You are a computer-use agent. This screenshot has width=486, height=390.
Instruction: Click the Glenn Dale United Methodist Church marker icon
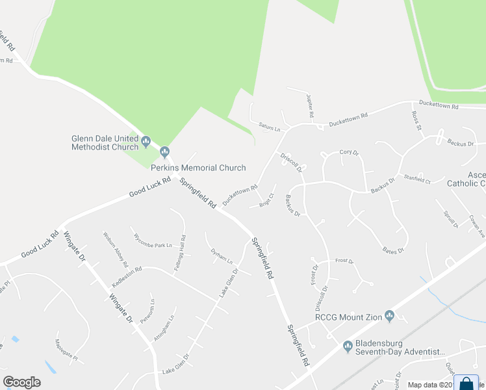pyautogui.click(x=146, y=140)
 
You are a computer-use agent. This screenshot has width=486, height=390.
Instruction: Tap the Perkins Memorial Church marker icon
pyautogui.click(x=165, y=152)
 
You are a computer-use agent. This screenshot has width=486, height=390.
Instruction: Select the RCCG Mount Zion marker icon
pyautogui.click(x=390, y=316)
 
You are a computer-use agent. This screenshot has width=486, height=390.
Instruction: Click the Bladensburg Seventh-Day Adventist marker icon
pyautogui.click(x=348, y=345)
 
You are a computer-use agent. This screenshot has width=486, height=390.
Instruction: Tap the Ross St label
pyautogui.click(x=416, y=120)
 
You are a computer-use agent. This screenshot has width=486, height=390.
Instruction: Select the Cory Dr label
pyautogui.click(x=349, y=153)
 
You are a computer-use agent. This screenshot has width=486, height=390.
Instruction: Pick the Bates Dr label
pyautogui.click(x=394, y=248)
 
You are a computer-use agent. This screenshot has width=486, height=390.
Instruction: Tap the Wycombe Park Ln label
pyautogui.click(x=152, y=241)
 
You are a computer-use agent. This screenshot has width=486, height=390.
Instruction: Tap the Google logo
pyautogui.click(x=21, y=382)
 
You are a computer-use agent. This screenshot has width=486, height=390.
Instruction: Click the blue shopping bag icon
pyautogui.click(x=466, y=383)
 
